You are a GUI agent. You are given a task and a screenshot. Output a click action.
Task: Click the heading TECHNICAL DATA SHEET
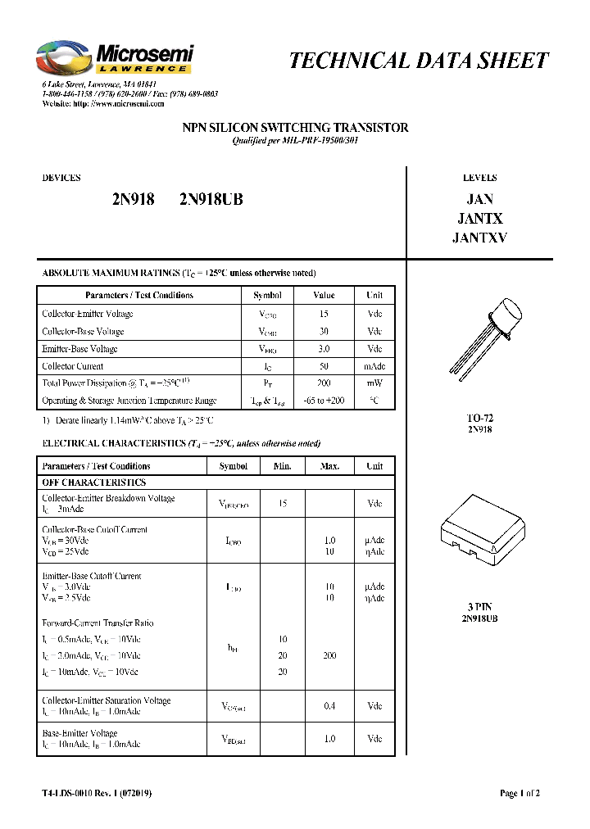click(419, 61)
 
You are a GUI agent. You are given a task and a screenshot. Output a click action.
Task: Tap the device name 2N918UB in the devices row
click(211, 199)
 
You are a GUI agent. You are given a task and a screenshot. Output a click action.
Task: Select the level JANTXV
click(479, 238)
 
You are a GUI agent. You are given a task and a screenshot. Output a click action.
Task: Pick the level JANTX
click(479, 219)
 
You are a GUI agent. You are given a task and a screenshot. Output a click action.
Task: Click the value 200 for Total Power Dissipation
click(324, 383)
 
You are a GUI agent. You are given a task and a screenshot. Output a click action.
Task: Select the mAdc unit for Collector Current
click(374, 366)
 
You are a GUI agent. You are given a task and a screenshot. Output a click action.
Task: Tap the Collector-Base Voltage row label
click(83, 332)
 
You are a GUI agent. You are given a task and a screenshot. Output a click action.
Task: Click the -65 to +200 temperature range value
click(324, 401)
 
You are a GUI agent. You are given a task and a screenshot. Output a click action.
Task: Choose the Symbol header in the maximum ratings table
click(267, 295)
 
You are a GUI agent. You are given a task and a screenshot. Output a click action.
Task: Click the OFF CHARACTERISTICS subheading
click(93, 482)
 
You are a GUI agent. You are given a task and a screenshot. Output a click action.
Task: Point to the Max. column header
click(329, 466)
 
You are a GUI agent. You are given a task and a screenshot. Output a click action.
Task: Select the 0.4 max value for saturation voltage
click(329, 706)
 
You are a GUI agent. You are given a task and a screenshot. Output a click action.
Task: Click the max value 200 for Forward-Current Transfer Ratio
click(329, 656)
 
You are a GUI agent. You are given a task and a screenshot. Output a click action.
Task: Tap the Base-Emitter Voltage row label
click(79, 733)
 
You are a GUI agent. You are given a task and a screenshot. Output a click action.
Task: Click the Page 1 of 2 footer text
click(520, 793)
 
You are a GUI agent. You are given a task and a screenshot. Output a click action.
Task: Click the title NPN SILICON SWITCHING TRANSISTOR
click(294, 128)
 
